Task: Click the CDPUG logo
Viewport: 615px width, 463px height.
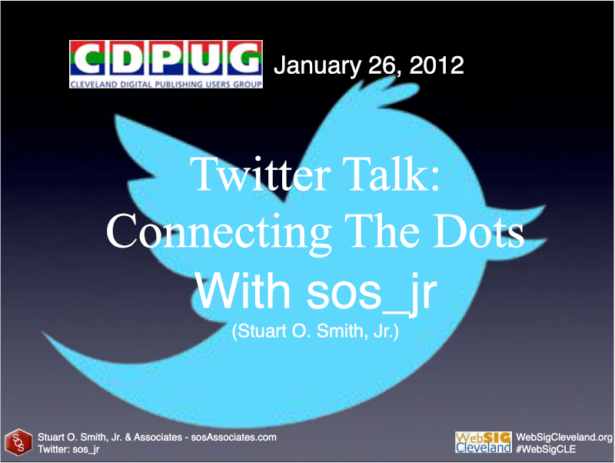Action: [x=166, y=64]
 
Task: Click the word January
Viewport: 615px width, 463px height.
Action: [x=317, y=66]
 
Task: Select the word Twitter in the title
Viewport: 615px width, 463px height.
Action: [x=260, y=174]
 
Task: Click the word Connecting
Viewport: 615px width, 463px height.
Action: [x=218, y=231]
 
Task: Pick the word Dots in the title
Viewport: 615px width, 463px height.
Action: [x=478, y=231]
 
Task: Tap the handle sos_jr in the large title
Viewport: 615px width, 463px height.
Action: [x=371, y=293]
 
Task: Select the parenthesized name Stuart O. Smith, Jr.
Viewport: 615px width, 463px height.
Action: [x=315, y=331]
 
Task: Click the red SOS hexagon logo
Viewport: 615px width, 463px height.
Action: [x=18, y=442]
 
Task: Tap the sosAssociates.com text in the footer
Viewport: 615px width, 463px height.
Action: [x=234, y=437]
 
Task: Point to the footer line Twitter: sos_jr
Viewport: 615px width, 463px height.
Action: [x=68, y=449]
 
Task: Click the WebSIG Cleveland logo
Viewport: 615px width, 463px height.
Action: [x=484, y=442]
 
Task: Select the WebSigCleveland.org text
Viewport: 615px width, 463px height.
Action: [x=564, y=437]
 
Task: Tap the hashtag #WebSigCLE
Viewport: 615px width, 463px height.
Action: [x=546, y=449]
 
